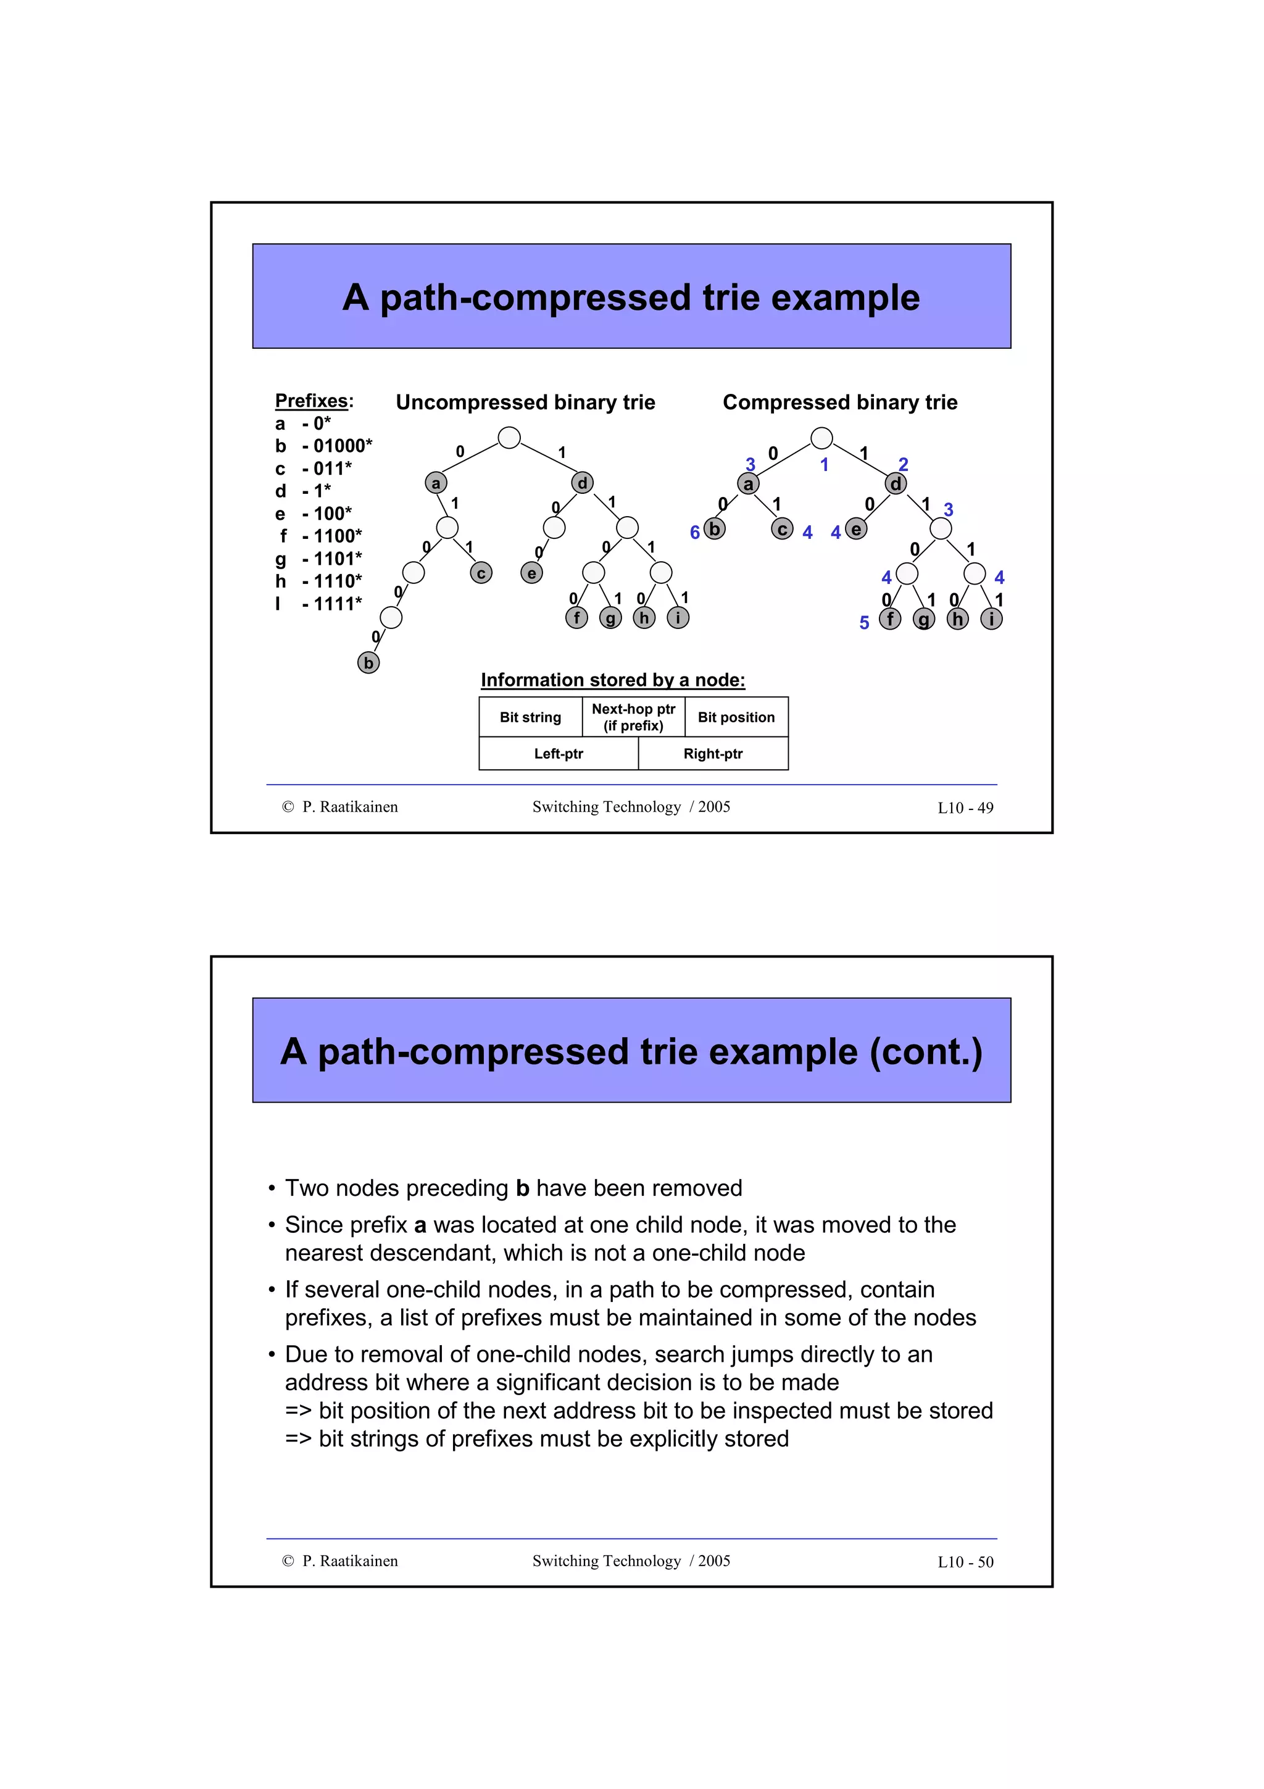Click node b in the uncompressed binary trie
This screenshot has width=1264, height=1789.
coord(368,663)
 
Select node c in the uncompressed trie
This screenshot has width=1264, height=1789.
coord(481,573)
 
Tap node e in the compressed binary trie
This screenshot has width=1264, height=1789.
coord(856,530)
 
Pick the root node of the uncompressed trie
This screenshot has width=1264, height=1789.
coord(509,438)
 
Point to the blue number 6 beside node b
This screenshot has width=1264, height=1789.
coord(695,532)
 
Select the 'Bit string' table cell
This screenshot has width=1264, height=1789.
coord(530,717)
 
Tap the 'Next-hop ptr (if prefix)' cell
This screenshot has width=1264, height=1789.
coord(633,717)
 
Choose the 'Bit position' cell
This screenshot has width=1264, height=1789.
coord(736,717)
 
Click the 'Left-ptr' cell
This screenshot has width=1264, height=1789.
coord(559,754)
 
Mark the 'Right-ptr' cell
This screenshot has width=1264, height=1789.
coord(713,754)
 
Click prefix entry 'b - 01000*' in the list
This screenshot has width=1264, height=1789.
coord(324,446)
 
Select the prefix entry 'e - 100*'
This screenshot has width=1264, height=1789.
coord(314,514)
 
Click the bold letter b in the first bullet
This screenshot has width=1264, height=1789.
coord(523,1188)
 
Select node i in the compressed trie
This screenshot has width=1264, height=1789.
coord(991,619)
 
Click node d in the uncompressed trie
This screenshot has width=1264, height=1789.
coord(583,483)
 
